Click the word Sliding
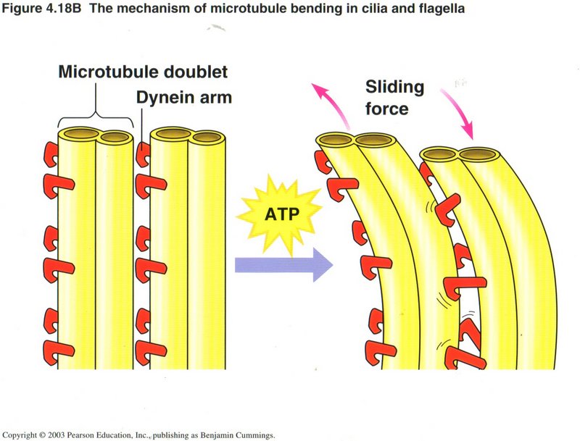click(395, 88)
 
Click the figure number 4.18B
click(59, 9)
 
